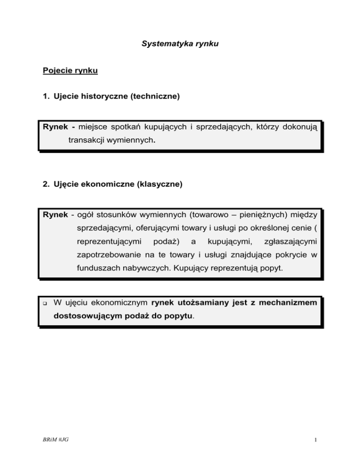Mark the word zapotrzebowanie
[x=111, y=257]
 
